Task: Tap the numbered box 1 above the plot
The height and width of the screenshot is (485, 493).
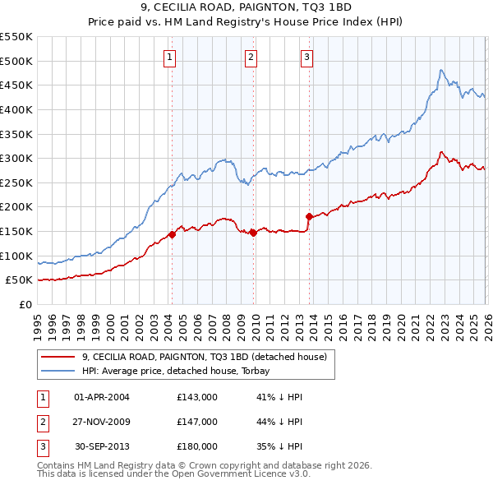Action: pyautogui.click(x=169, y=57)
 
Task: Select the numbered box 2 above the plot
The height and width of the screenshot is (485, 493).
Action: pyautogui.click(x=251, y=57)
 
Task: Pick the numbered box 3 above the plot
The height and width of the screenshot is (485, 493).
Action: pyautogui.click(x=306, y=57)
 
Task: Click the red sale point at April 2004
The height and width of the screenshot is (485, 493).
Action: pyautogui.click(x=172, y=234)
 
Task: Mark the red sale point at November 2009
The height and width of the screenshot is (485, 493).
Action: pyautogui.click(x=254, y=233)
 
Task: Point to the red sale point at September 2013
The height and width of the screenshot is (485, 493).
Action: pyautogui.click(x=310, y=217)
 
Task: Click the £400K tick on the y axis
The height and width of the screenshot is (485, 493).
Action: pyautogui.click(x=16, y=109)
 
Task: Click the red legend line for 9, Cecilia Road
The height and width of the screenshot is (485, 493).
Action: pyautogui.click(x=58, y=357)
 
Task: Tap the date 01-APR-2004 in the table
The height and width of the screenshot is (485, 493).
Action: pyautogui.click(x=102, y=397)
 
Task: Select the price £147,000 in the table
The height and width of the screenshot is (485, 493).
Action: pyautogui.click(x=196, y=422)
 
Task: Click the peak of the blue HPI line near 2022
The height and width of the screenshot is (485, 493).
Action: pyautogui.click(x=441, y=71)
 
